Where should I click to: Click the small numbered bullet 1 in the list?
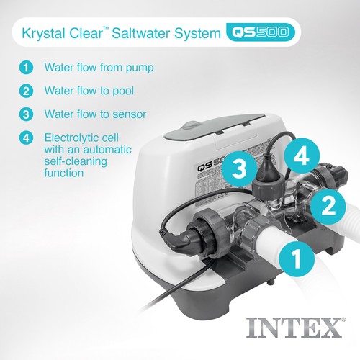[x=26, y=68]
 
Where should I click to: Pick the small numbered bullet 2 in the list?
[x=26, y=91]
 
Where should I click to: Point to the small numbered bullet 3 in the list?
[x=26, y=113]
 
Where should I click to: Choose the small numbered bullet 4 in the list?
[x=26, y=136]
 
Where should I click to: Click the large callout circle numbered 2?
[x=325, y=206]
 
